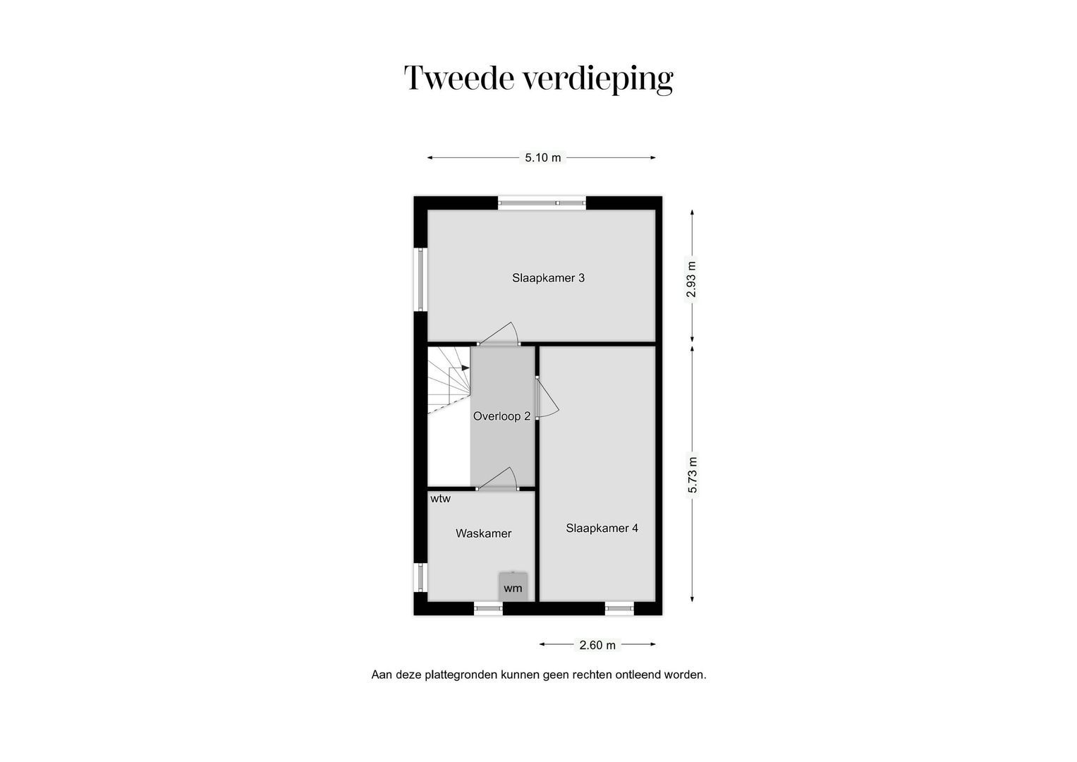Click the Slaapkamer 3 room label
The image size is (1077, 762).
click(x=548, y=278)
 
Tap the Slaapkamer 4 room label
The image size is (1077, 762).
click(x=602, y=528)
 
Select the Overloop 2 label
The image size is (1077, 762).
click(x=501, y=416)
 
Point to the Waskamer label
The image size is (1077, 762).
click(x=483, y=533)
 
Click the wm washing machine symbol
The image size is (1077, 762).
click(x=513, y=588)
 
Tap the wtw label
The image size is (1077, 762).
click(x=440, y=499)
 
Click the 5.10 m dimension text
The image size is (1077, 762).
click(x=542, y=157)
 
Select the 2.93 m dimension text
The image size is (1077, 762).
click(x=691, y=281)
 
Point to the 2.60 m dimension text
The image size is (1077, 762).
click(x=597, y=645)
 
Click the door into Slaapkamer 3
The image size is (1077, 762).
click(x=498, y=334)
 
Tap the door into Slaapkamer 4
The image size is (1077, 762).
click(x=546, y=399)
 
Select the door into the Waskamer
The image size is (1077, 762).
click(x=498, y=478)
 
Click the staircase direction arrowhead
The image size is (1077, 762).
click(x=465, y=368)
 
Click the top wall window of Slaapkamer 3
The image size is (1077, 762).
click(x=542, y=203)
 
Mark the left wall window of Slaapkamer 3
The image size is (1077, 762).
click(x=421, y=279)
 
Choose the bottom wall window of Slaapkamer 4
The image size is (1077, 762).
click(x=619, y=607)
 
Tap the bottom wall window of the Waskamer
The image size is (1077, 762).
click(x=487, y=607)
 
